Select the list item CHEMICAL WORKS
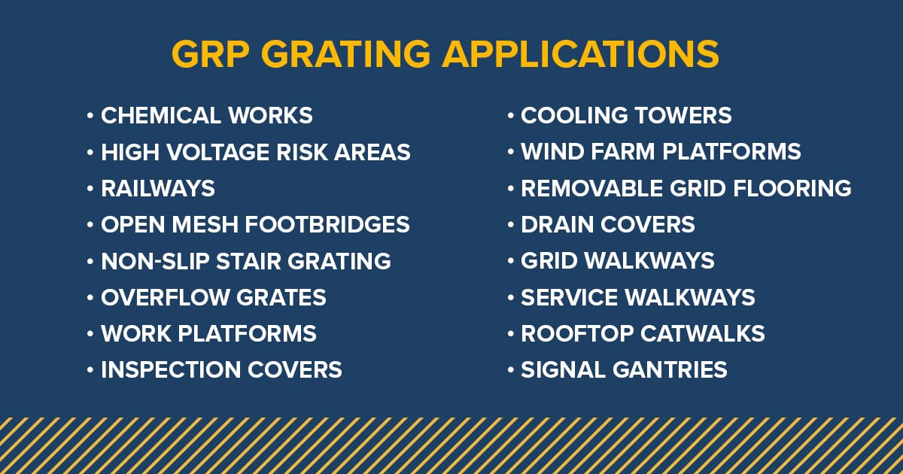[x=206, y=116]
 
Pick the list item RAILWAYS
[x=158, y=188]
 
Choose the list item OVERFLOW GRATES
[x=213, y=297]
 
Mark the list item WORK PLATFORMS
[x=208, y=333]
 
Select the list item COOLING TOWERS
[x=626, y=116]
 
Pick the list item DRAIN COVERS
[x=607, y=224]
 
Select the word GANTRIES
[x=673, y=370]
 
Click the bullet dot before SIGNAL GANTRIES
[x=511, y=370]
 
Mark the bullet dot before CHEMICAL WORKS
[x=90, y=117]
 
